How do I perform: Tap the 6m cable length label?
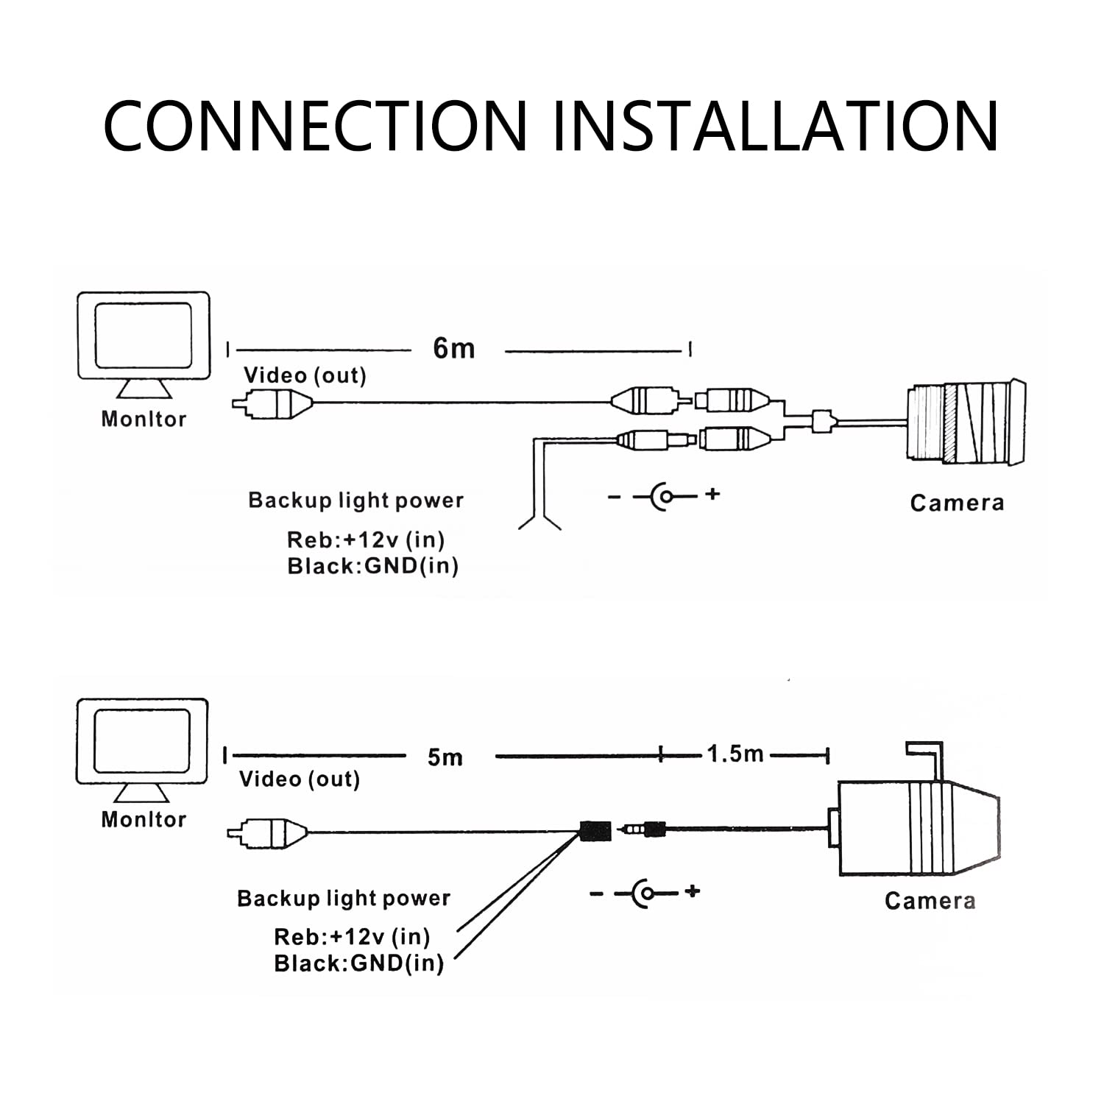tap(454, 348)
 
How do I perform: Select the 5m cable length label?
tap(445, 757)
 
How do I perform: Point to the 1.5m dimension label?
tap(735, 754)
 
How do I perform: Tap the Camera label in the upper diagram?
tap(957, 503)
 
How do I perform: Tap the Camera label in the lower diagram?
tap(930, 901)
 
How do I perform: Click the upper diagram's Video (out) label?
tap(305, 375)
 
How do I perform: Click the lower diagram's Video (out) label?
tap(300, 779)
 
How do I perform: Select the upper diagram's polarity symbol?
tap(665, 495)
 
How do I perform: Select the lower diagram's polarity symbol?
tap(645, 894)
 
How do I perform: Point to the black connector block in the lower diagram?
tap(595, 831)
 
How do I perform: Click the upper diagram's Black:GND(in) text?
tap(372, 566)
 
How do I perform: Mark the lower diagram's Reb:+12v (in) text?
tap(352, 937)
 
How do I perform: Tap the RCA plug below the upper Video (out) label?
tap(273, 403)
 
